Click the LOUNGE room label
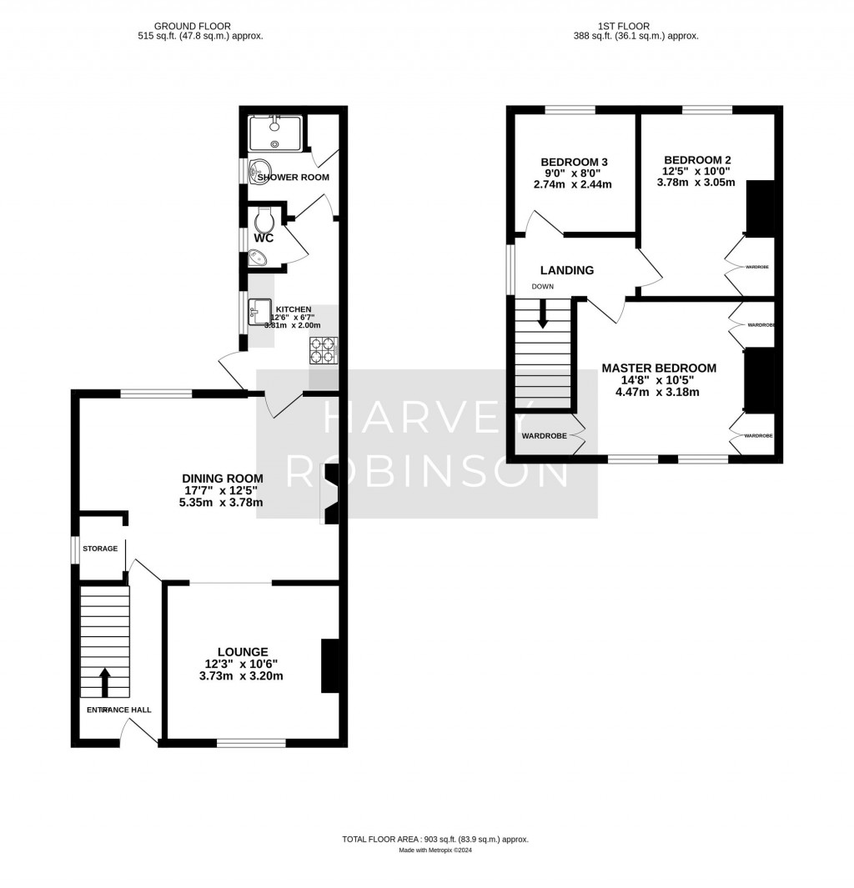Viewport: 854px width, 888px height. tap(243, 651)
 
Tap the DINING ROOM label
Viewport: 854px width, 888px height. tap(223, 479)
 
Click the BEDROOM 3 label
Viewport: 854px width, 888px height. tap(574, 162)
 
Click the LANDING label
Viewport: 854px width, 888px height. tap(566, 270)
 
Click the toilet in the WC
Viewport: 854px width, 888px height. tap(265, 221)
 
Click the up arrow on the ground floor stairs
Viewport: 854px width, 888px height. tap(105, 680)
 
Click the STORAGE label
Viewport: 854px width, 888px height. tap(100, 549)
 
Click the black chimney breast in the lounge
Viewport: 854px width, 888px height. tap(330, 665)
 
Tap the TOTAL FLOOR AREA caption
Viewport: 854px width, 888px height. tap(435, 840)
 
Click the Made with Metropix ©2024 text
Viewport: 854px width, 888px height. tap(435, 850)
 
